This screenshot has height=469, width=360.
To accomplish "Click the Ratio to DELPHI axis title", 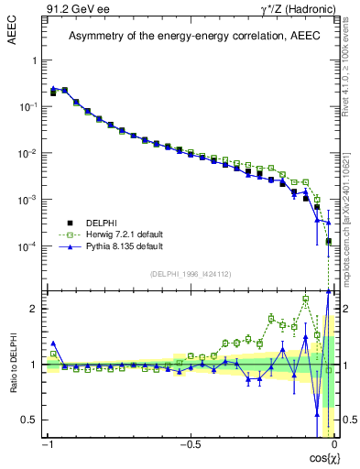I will click(14, 364).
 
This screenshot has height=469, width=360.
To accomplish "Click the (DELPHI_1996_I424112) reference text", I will click(190, 274).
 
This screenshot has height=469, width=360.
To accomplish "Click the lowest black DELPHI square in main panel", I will click(329, 242).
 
